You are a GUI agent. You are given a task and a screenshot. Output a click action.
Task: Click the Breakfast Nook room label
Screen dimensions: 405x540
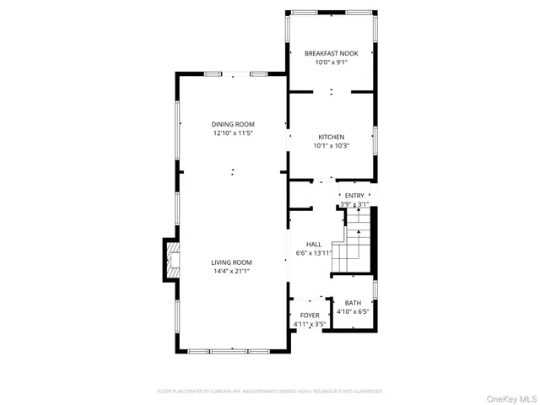point(332,53)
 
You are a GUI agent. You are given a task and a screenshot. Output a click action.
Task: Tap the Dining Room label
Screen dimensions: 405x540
point(233,125)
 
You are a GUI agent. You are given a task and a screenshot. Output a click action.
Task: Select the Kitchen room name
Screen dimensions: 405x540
point(331,137)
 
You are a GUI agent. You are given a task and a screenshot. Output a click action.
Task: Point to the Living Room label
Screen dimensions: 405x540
point(231,262)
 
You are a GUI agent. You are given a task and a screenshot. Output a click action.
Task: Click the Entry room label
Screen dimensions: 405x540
point(354,196)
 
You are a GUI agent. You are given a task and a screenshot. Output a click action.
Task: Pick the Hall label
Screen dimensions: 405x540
point(314,244)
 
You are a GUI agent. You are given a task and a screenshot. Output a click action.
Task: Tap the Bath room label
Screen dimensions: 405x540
point(353,303)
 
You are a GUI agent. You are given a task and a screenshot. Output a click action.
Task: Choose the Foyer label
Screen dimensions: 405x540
point(310,316)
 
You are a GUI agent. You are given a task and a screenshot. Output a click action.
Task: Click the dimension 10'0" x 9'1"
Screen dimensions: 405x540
point(332,62)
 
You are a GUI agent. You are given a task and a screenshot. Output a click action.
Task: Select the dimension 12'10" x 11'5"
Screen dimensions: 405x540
point(233,133)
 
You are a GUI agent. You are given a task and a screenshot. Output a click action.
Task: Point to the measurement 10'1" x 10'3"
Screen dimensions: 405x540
point(331,145)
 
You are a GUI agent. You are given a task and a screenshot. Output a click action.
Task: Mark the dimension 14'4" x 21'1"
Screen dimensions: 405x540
point(231,271)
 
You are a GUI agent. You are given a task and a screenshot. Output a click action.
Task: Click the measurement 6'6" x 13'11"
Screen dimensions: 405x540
point(314,252)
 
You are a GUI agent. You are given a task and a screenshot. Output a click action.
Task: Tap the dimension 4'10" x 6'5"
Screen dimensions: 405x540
point(353,311)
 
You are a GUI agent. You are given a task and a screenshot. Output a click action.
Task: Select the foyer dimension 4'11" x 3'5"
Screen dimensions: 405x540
point(310,324)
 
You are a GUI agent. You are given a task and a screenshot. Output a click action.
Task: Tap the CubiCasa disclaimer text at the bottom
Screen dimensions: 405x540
point(269,391)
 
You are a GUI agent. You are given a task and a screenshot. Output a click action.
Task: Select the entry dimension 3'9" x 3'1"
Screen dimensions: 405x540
point(354,204)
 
